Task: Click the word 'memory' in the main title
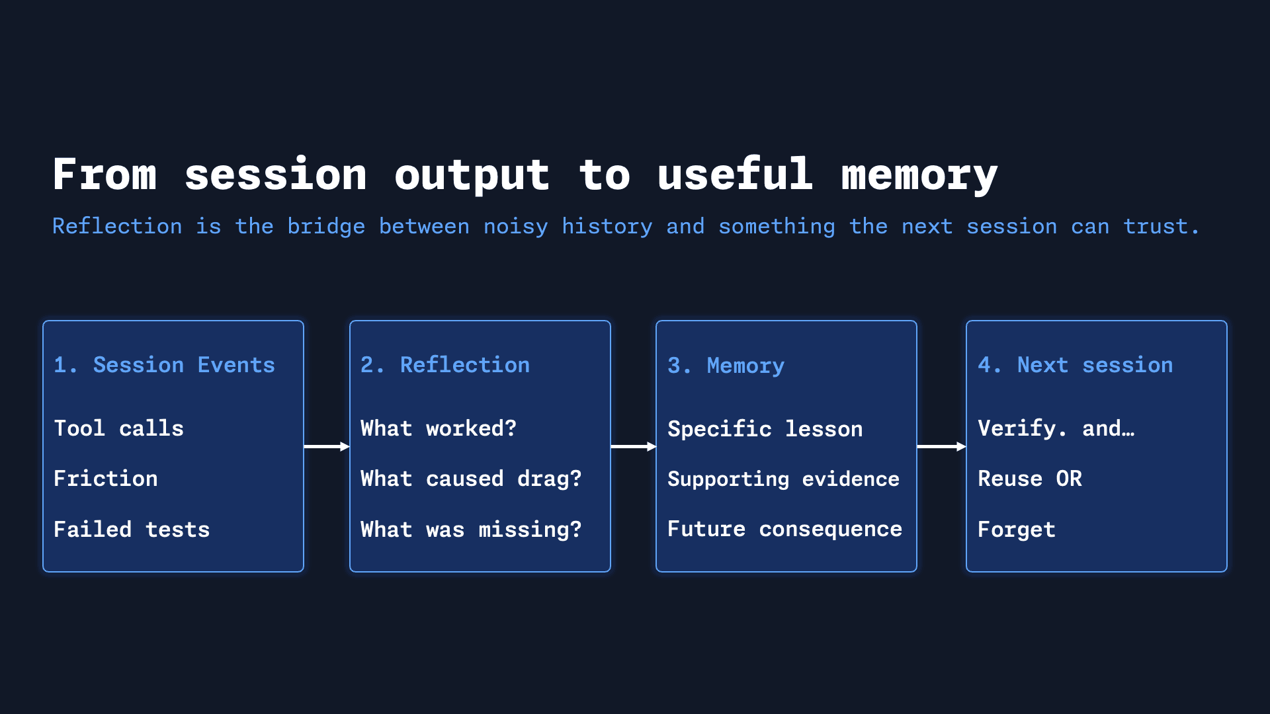pyautogui.click(x=919, y=175)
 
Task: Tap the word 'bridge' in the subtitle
pyautogui.click(x=326, y=226)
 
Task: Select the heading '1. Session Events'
pyautogui.click(x=164, y=365)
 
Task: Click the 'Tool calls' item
pyautogui.click(x=118, y=428)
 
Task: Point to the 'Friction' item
pyautogui.click(x=106, y=479)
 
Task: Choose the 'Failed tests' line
pyautogui.click(x=132, y=530)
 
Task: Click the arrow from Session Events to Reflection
pyautogui.click(x=326, y=447)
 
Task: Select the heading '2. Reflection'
pyautogui.click(x=444, y=365)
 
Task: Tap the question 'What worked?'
pyautogui.click(x=438, y=428)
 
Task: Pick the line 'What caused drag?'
pyautogui.click(x=470, y=479)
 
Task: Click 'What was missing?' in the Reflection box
pyautogui.click(x=470, y=530)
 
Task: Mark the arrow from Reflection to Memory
pyautogui.click(x=633, y=447)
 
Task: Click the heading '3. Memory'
pyautogui.click(x=726, y=366)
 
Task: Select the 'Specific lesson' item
pyautogui.click(x=765, y=429)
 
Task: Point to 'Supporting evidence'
pyautogui.click(x=783, y=479)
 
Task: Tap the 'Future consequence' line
pyautogui.click(x=784, y=530)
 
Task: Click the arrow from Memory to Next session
pyautogui.click(x=941, y=447)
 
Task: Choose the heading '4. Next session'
pyautogui.click(x=1075, y=365)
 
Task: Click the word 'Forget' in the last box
pyautogui.click(x=1016, y=530)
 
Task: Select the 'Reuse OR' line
pyautogui.click(x=1029, y=479)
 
